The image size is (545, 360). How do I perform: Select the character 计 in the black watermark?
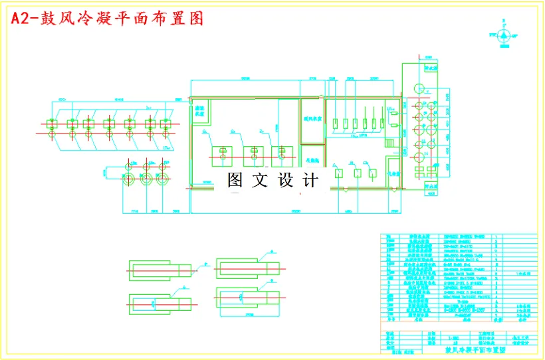pyautogui.click(x=310, y=180)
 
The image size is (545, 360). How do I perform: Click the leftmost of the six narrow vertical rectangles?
pyautogui.click(x=335, y=122)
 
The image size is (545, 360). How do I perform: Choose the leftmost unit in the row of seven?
pyautogui.click(x=51, y=124)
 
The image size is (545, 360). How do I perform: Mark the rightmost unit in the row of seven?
pyautogui.click(x=166, y=124)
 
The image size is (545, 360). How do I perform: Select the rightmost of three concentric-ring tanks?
pyautogui.click(x=162, y=177)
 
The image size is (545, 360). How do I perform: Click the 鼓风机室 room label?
pyautogui.click(x=312, y=119)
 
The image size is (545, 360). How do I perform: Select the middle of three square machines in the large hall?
pyautogui.click(x=253, y=156)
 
